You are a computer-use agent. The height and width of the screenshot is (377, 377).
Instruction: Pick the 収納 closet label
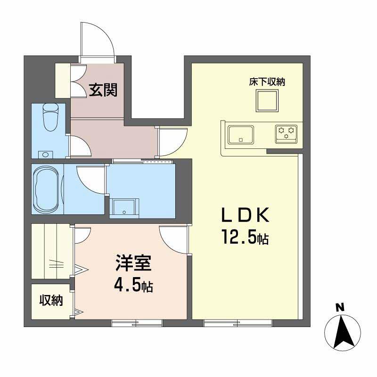(x=50, y=300)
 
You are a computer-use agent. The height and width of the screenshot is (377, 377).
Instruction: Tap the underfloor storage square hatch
(x=267, y=100)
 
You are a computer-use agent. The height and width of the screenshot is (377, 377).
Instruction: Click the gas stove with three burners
(x=286, y=133)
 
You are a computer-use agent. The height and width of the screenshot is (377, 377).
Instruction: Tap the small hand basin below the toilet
(x=45, y=154)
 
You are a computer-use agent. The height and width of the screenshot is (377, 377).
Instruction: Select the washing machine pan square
(x=124, y=207)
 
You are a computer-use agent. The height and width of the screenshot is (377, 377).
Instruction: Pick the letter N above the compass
(x=338, y=307)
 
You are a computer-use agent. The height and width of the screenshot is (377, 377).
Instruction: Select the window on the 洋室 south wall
(x=137, y=323)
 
